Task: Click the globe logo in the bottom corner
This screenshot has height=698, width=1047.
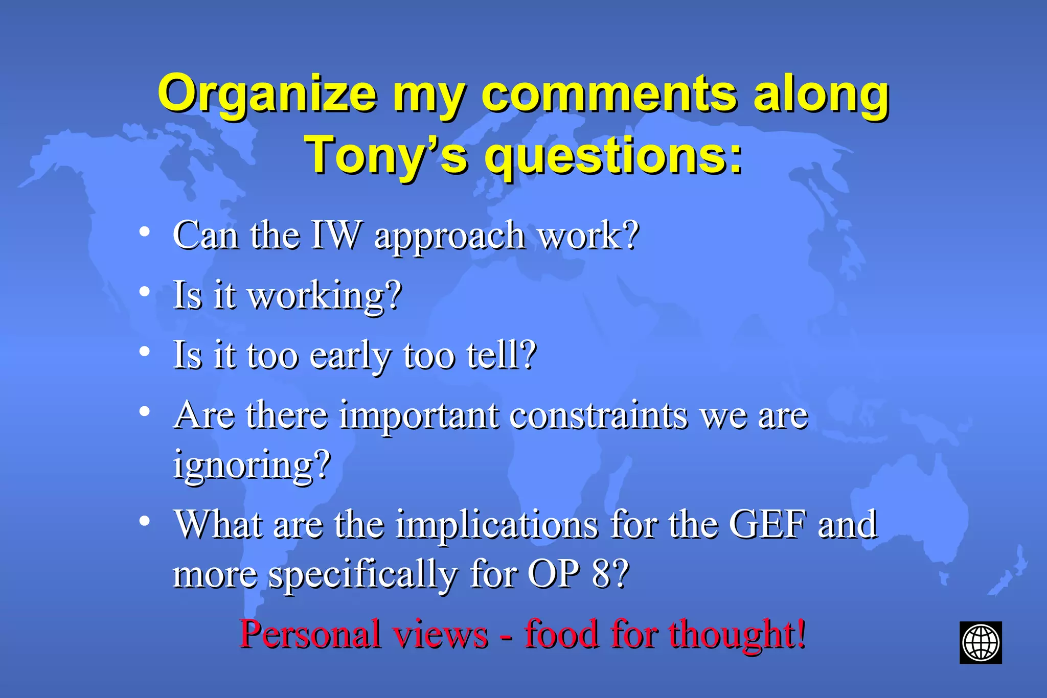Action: pyautogui.click(x=980, y=642)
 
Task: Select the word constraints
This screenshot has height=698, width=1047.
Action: pyautogui.click(x=598, y=415)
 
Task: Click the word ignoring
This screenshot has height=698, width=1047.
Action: pyautogui.click(x=251, y=465)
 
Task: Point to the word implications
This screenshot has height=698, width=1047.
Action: pyautogui.click(x=496, y=525)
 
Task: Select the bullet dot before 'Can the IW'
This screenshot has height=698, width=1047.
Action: pyautogui.click(x=145, y=232)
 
